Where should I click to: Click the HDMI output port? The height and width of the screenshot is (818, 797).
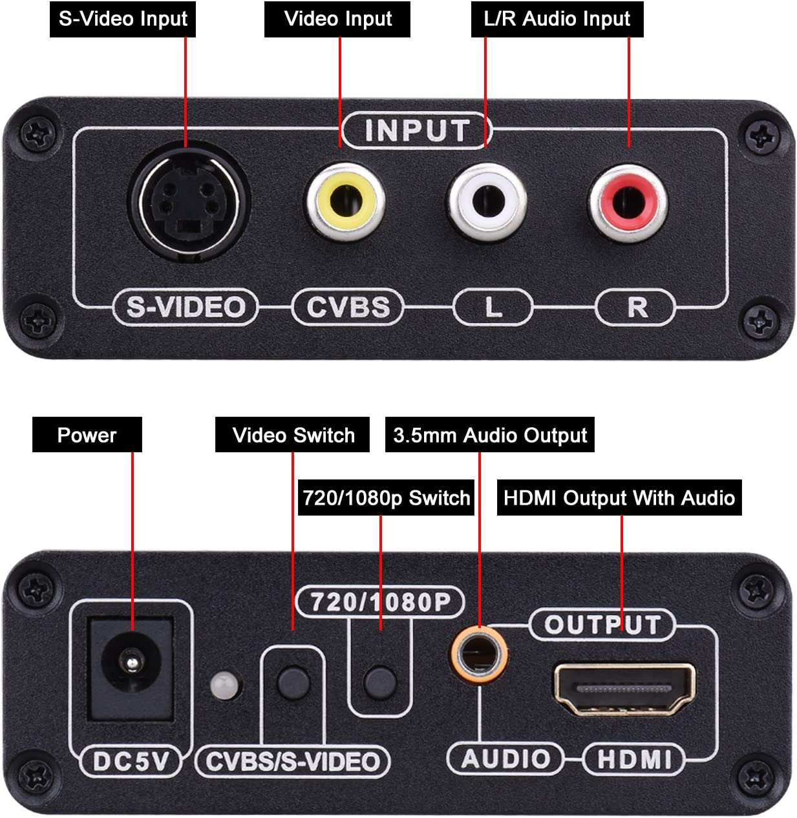624,689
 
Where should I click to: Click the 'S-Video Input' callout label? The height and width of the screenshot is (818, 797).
123,19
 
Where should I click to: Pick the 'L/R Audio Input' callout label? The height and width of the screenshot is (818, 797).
557,19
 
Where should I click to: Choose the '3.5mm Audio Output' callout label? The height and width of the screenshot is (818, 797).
489,435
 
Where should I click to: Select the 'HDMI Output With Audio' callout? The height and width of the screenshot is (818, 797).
619,498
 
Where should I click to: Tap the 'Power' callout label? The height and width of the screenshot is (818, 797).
87,435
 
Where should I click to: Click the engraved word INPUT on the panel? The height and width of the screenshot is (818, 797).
417,131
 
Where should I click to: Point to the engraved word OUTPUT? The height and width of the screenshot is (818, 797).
602,625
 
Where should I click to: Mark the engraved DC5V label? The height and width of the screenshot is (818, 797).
131,762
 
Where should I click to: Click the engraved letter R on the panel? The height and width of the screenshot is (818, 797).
637,308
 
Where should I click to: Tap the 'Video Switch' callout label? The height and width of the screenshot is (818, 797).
293,435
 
